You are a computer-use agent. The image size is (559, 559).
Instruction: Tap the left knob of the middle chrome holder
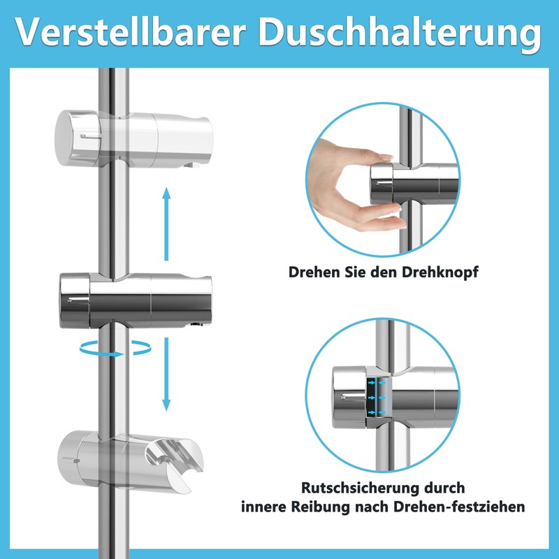coord(75,299)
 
